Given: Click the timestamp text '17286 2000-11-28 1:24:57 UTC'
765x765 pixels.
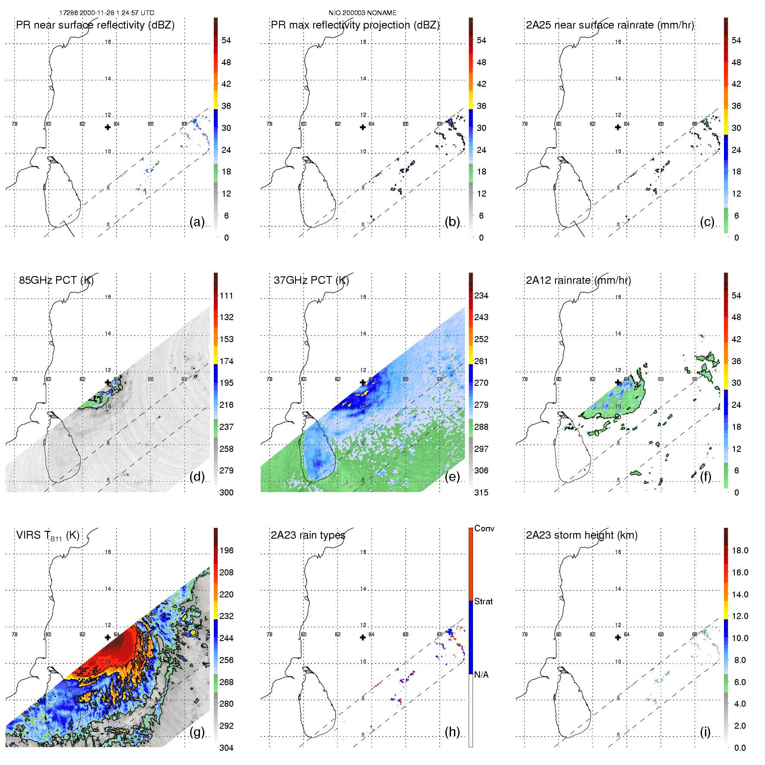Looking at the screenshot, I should (x=107, y=13).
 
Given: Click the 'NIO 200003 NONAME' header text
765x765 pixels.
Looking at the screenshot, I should (x=362, y=13).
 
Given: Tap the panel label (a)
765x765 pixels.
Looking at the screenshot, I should (x=197, y=222).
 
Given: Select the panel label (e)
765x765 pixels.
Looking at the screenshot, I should (x=452, y=477).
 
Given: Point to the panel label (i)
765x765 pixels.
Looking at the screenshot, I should (x=705, y=732).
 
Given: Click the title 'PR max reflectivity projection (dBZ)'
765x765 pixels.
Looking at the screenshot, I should (x=355, y=25).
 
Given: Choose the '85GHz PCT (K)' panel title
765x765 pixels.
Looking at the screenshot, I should (x=56, y=280).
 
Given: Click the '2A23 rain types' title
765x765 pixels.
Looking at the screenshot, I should (x=308, y=535).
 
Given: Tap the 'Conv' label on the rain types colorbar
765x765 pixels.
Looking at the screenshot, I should (x=484, y=529).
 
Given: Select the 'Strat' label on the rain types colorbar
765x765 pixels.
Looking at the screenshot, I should (x=483, y=602).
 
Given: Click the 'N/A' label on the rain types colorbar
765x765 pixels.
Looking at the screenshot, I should (x=482, y=675).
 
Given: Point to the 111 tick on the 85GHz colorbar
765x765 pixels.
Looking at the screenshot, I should (x=226, y=296).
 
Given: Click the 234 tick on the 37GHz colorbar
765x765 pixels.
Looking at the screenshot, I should (x=481, y=296).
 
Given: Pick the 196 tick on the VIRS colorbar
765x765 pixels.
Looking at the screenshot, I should (x=226, y=551).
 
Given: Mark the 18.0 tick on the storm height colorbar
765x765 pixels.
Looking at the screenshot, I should (x=740, y=551).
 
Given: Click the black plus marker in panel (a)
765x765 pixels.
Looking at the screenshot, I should (x=108, y=127).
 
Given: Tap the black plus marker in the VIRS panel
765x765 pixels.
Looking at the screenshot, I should (x=108, y=638).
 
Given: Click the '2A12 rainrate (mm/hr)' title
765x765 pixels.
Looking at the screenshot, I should (x=578, y=280).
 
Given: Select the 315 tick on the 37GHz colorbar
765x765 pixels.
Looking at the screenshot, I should (x=481, y=493).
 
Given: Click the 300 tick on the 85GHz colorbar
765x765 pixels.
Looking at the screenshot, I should (x=226, y=493).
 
